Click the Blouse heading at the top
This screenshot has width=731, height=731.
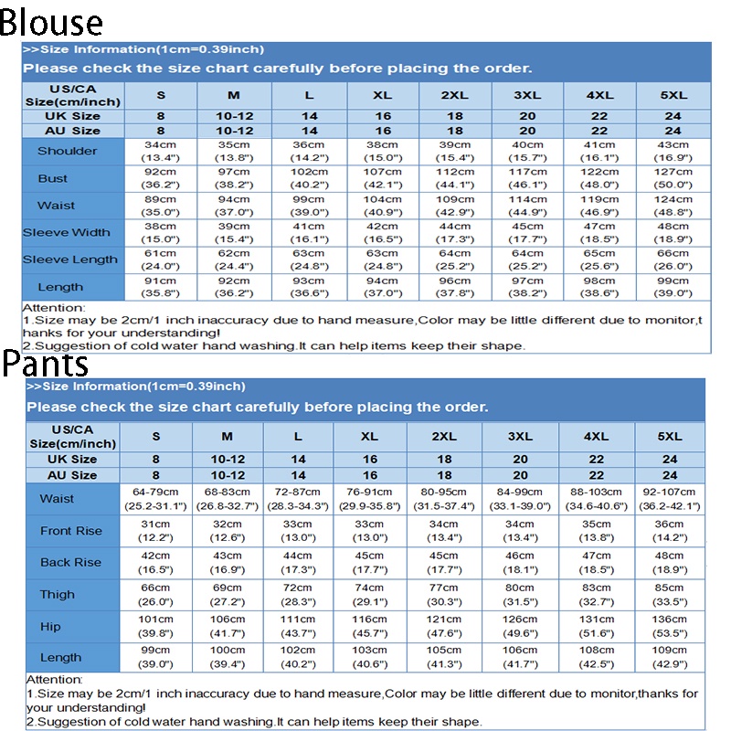51,22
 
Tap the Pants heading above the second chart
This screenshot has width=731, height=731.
46,364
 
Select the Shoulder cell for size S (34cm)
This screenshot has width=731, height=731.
160,151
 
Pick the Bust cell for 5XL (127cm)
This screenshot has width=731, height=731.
673,178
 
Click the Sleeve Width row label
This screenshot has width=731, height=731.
72,232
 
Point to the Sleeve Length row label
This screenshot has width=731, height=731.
72,260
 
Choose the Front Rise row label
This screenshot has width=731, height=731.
71,531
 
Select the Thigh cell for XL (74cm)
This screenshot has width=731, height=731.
369,595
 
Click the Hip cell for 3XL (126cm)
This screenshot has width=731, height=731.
520,626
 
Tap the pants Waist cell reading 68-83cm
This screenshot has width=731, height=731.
227,499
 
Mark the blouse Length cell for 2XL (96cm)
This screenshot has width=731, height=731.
456,287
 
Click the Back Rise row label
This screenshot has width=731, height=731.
71,563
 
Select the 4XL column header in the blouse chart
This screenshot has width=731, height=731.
600,95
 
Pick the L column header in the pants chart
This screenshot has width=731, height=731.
298,437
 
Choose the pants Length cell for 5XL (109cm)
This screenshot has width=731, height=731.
669,657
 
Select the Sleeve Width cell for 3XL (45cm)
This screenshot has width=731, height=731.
527,232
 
